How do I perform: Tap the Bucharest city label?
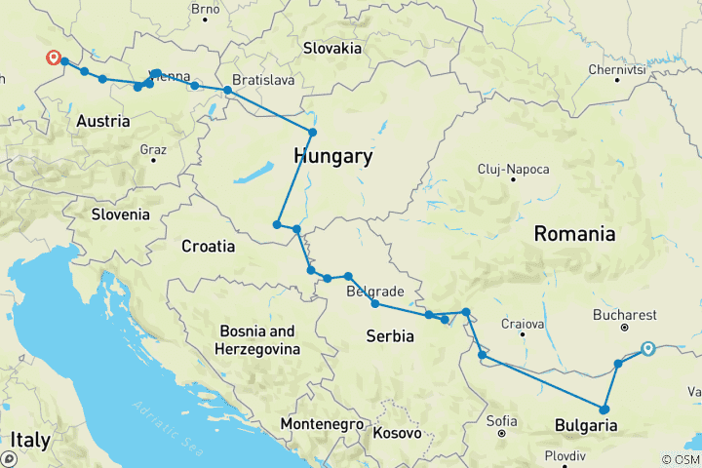pyautogui.click(x=625, y=316)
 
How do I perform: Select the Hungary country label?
pyautogui.click(x=332, y=157)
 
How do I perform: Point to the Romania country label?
pyautogui.click(x=574, y=234)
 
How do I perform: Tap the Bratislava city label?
pyautogui.click(x=263, y=80)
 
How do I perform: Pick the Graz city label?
pyautogui.click(x=153, y=150)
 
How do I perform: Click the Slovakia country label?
pyautogui.click(x=331, y=48)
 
